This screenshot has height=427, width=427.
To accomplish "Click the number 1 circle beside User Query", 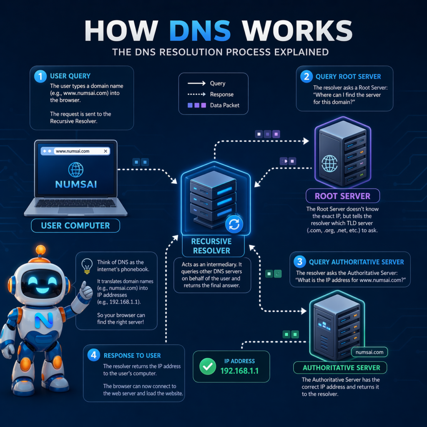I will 40,76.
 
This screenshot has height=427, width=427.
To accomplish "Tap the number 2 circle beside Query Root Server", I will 306,76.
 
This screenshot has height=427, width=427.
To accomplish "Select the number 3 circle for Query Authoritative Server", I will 299,262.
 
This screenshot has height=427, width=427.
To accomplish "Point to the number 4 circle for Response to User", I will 93,355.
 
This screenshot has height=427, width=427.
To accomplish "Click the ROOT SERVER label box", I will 343,196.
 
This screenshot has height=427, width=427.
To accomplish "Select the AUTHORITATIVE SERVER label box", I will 341,368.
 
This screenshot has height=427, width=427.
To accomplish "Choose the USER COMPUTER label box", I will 75,226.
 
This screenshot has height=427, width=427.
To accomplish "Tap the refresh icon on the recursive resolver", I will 234,225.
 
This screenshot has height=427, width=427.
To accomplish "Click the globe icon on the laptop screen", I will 75,170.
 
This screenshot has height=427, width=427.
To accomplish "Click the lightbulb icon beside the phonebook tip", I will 86,265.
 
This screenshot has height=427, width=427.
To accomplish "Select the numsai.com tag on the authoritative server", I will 369,352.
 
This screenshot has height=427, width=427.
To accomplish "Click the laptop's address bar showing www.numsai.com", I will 75,151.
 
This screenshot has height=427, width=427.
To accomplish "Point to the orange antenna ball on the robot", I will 40,250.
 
